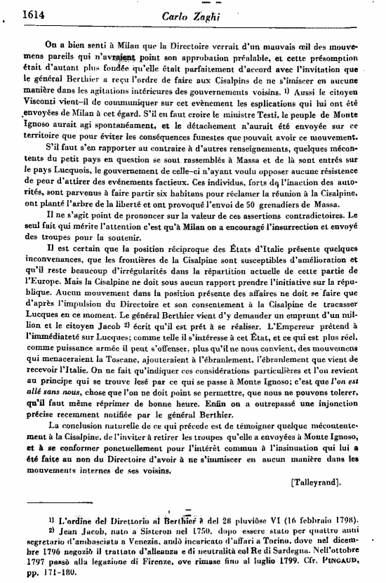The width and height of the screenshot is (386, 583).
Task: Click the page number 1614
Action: pos(16,11)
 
